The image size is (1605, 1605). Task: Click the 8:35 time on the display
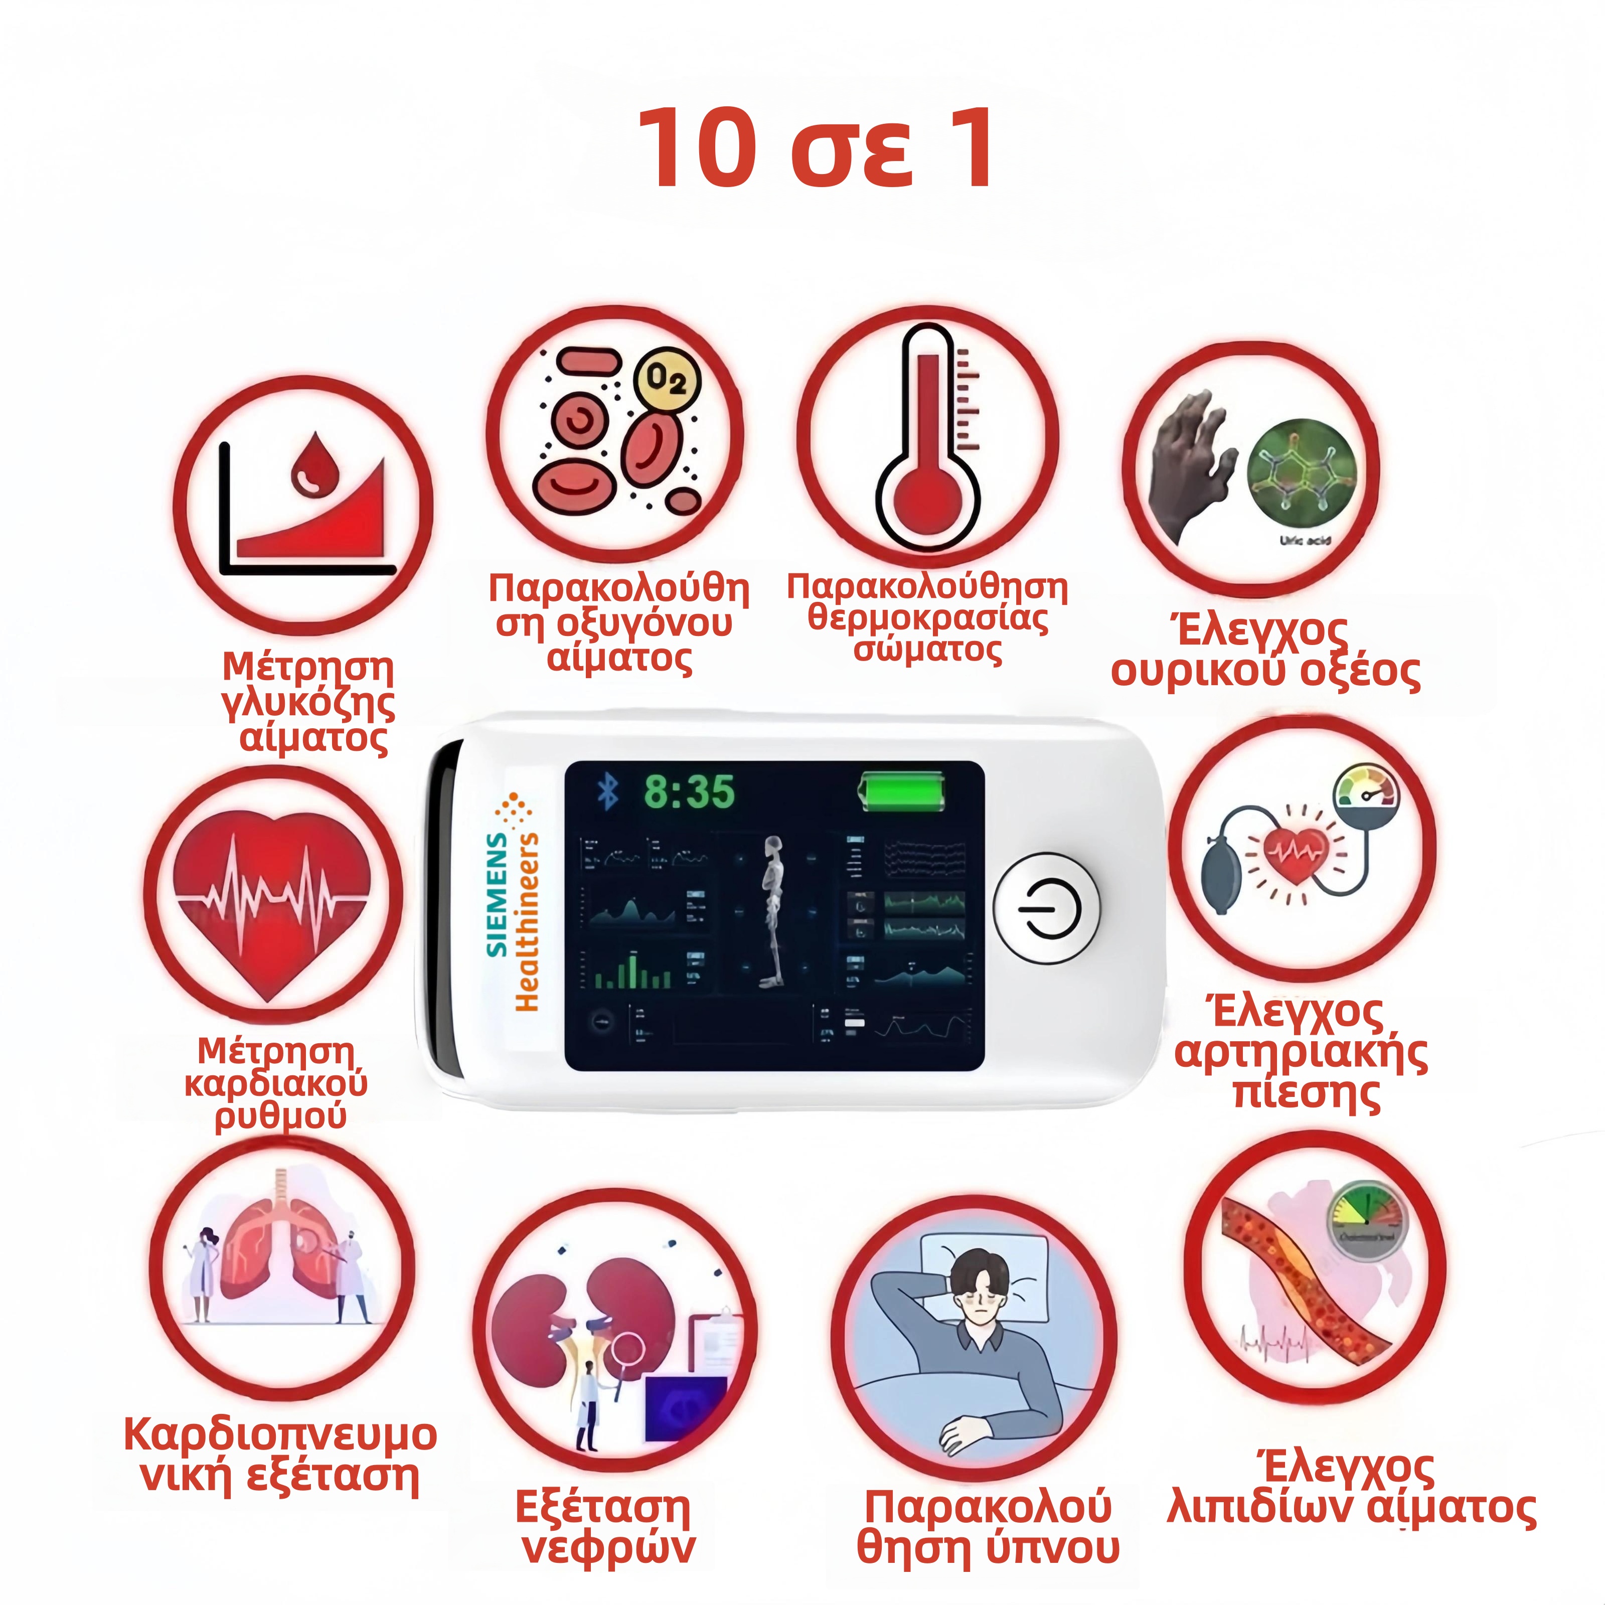pyautogui.click(x=690, y=791)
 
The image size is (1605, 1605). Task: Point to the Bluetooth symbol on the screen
pyautogui.click(x=609, y=791)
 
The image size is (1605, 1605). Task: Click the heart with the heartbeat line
pyautogui.click(x=272, y=898)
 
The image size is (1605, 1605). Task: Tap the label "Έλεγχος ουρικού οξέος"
pyautogui.click(x=1264, y=652)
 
